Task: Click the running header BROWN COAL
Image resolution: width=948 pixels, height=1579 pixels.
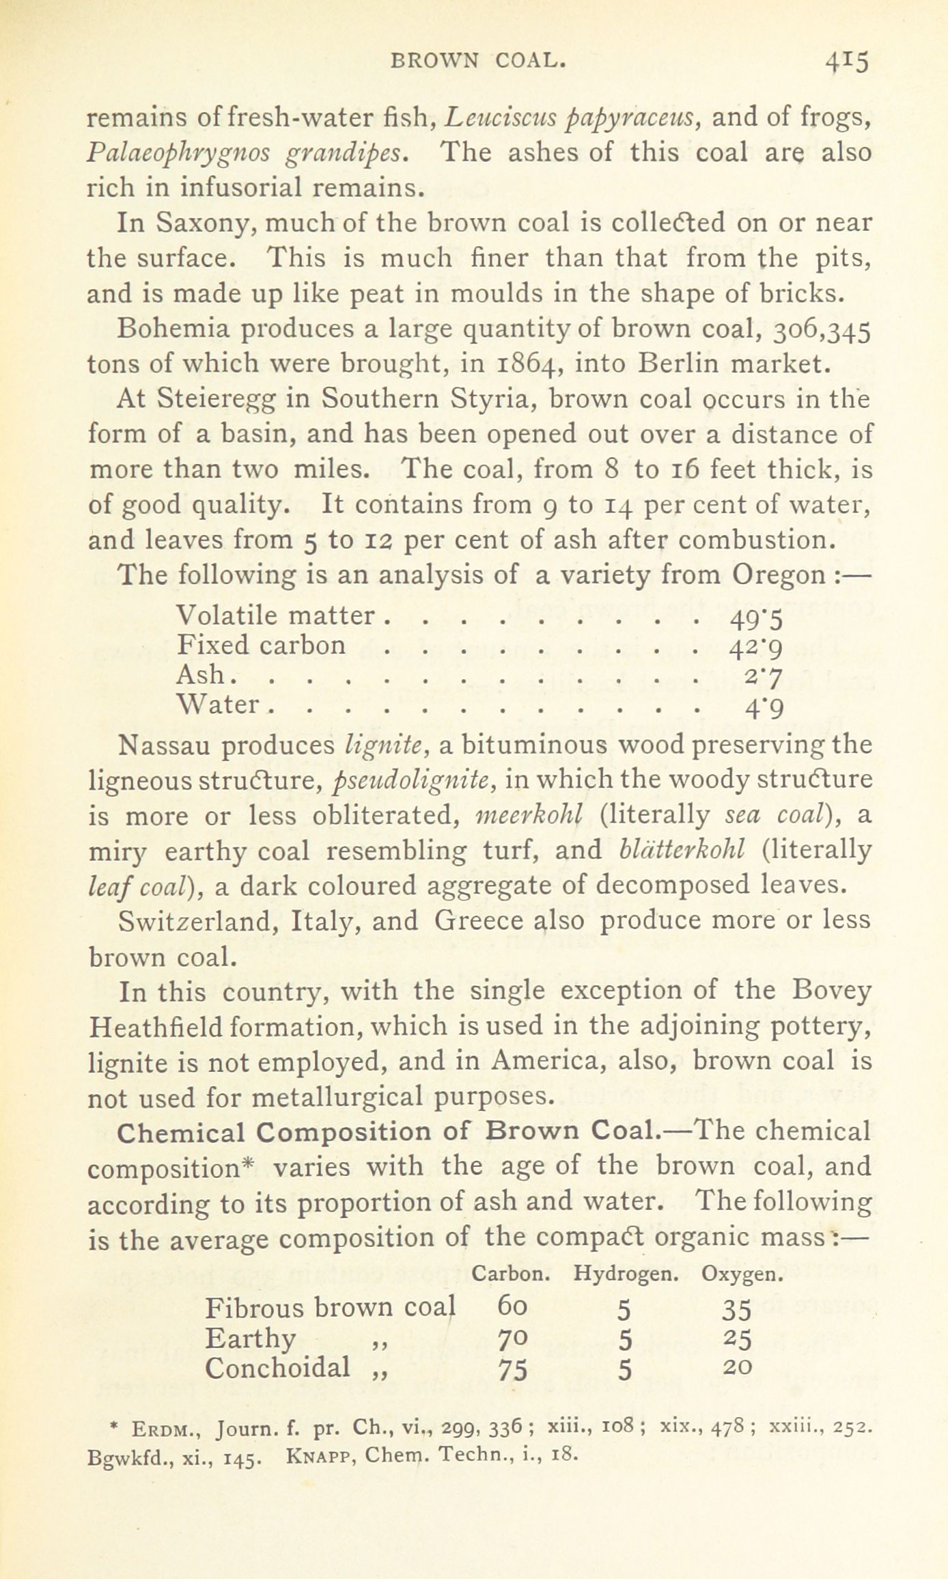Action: (x=478, y=61)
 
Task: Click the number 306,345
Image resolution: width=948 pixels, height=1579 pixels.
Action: (x=823, y=330)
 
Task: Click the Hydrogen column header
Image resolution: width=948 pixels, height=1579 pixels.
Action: (x=626, y=1274)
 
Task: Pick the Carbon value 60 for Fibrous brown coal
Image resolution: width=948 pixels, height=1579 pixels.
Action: (x=512, y=1308)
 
